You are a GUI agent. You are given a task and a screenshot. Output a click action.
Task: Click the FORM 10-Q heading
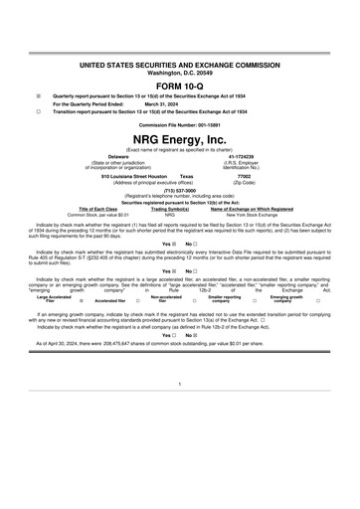click(180, 84)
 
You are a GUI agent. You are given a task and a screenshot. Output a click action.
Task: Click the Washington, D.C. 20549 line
click(180, 73)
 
